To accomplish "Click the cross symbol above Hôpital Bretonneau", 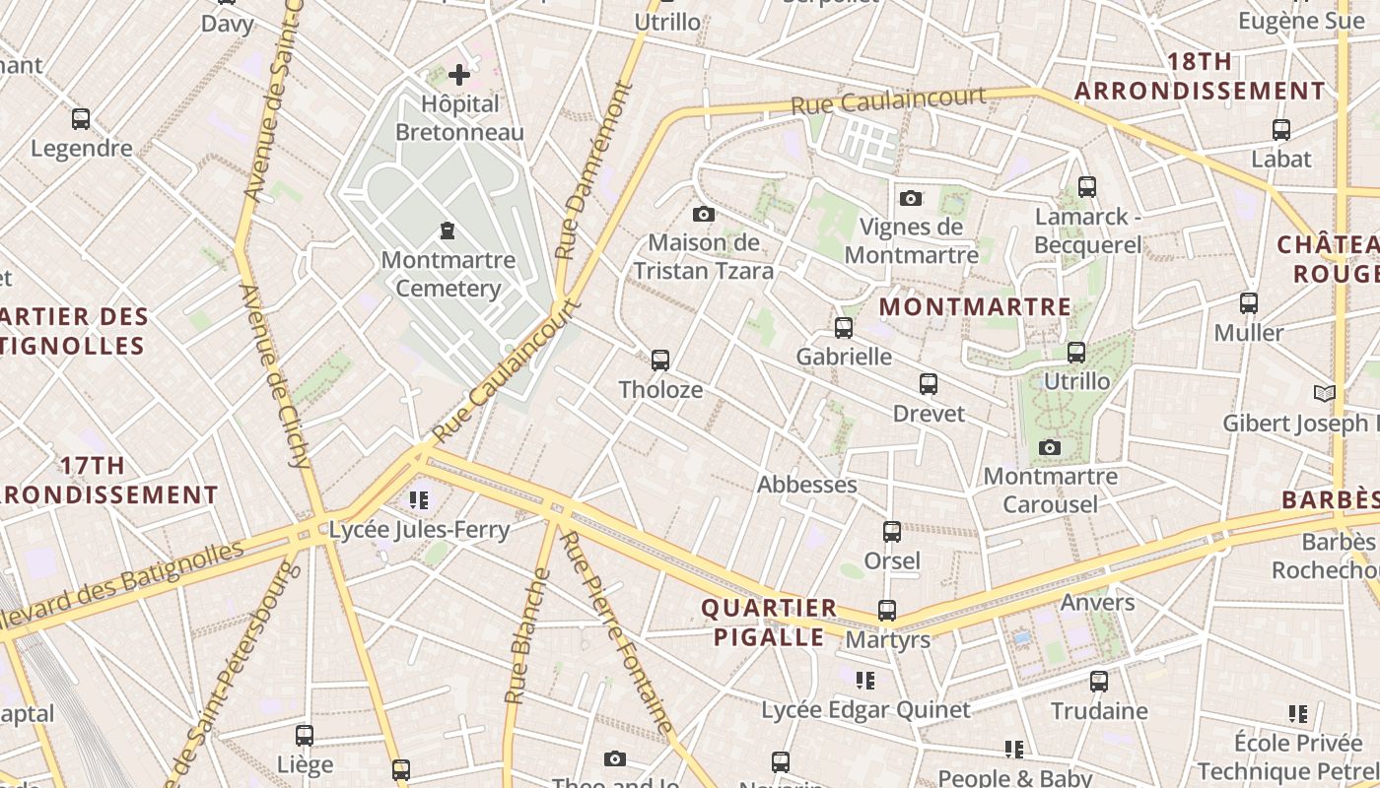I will click(458, 74).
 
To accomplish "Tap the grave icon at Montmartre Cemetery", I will click(448, 231).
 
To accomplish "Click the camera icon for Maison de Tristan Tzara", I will click(703, 214).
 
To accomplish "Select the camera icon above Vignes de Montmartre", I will click(911, 198).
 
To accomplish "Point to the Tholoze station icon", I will click(660, 361).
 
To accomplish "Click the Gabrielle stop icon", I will click(843, 328).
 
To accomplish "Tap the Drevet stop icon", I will click(928, 384).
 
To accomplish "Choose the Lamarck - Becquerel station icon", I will click(1086, 186).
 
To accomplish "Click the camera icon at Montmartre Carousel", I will click(1050, 448).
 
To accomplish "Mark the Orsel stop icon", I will click(891, 532).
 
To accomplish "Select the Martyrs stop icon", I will click(886, 611).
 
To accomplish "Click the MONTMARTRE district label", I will click(975, 306).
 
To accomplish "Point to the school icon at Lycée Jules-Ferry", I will click(419, 500).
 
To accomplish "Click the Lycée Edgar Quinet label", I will click(865, 709).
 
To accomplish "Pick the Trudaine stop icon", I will click(1098, 681).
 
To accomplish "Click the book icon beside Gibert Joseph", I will click(1325, 394).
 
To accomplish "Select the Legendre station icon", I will click(81, 119).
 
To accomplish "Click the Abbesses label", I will click(806, 485).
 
